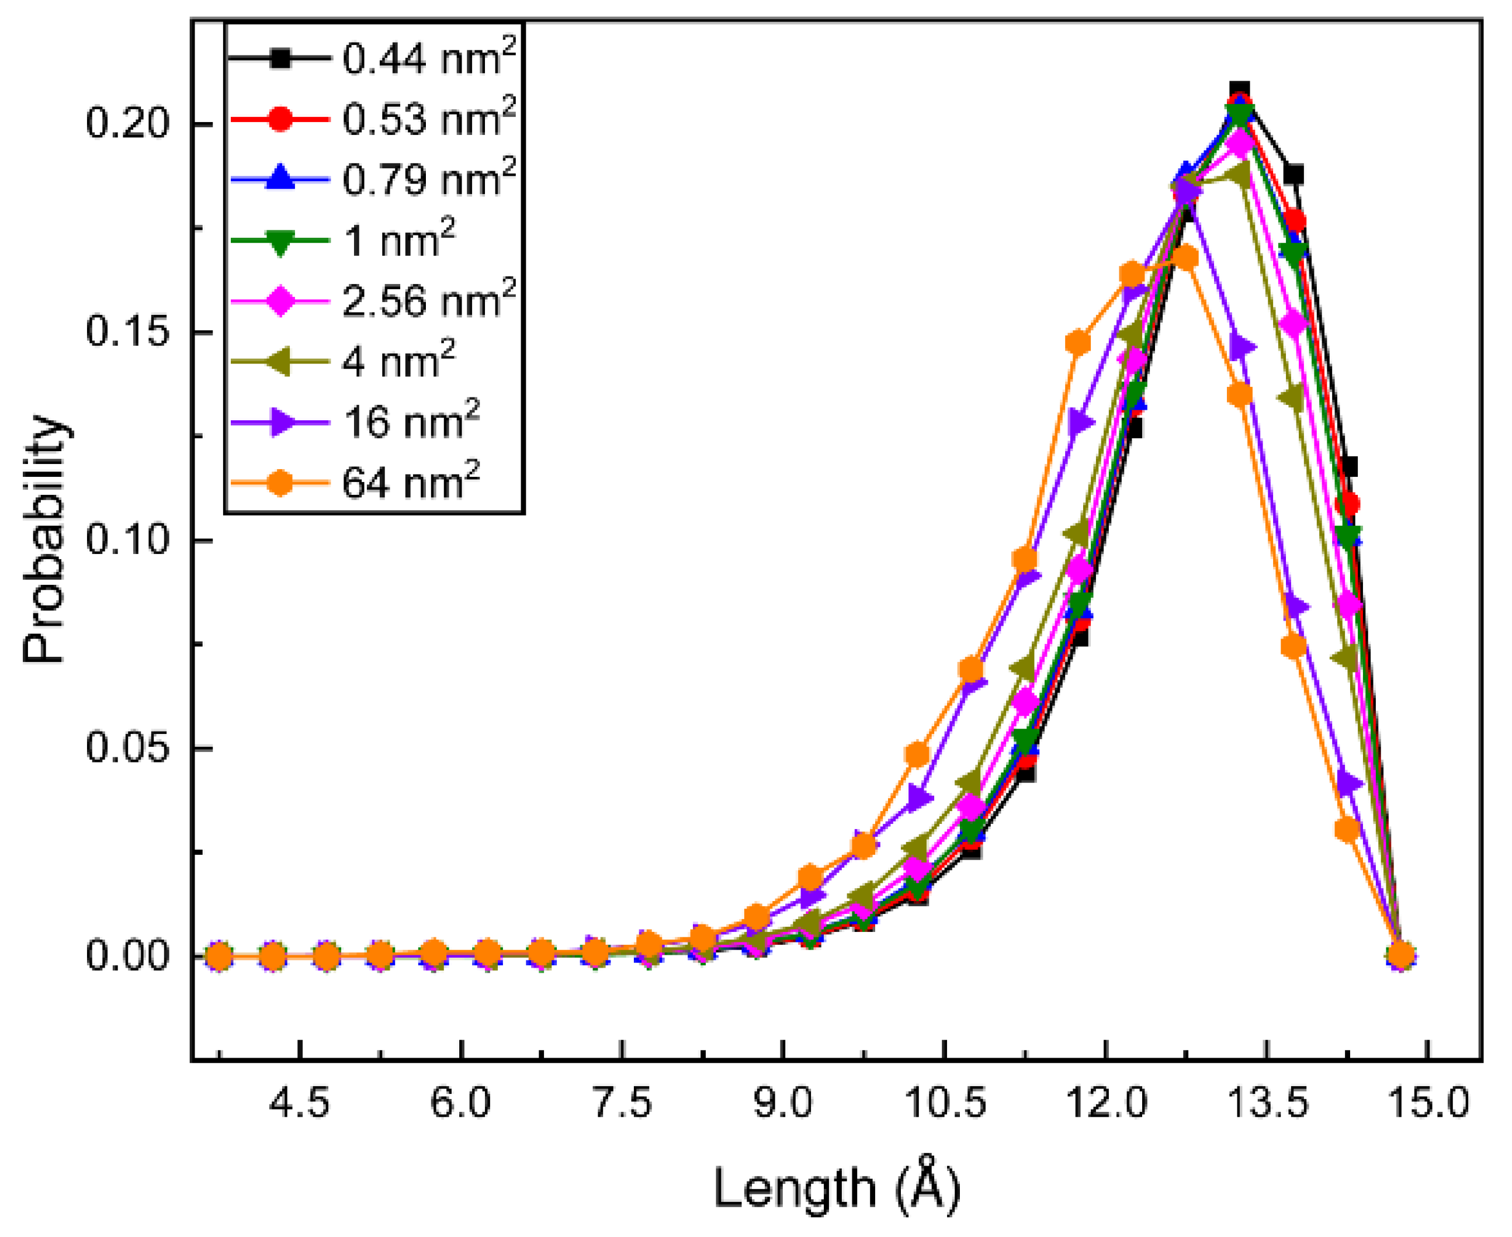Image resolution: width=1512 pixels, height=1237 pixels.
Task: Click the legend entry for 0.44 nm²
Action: pyautogui.click(x=428, y=58)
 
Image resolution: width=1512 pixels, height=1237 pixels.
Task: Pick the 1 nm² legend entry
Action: pyautogui.click(x=399, y=240)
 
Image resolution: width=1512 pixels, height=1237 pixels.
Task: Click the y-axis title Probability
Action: pyautogui.click(x=44, y=539)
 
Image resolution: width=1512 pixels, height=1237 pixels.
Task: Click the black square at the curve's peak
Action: pyautogui.click(x=1240, y=91)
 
